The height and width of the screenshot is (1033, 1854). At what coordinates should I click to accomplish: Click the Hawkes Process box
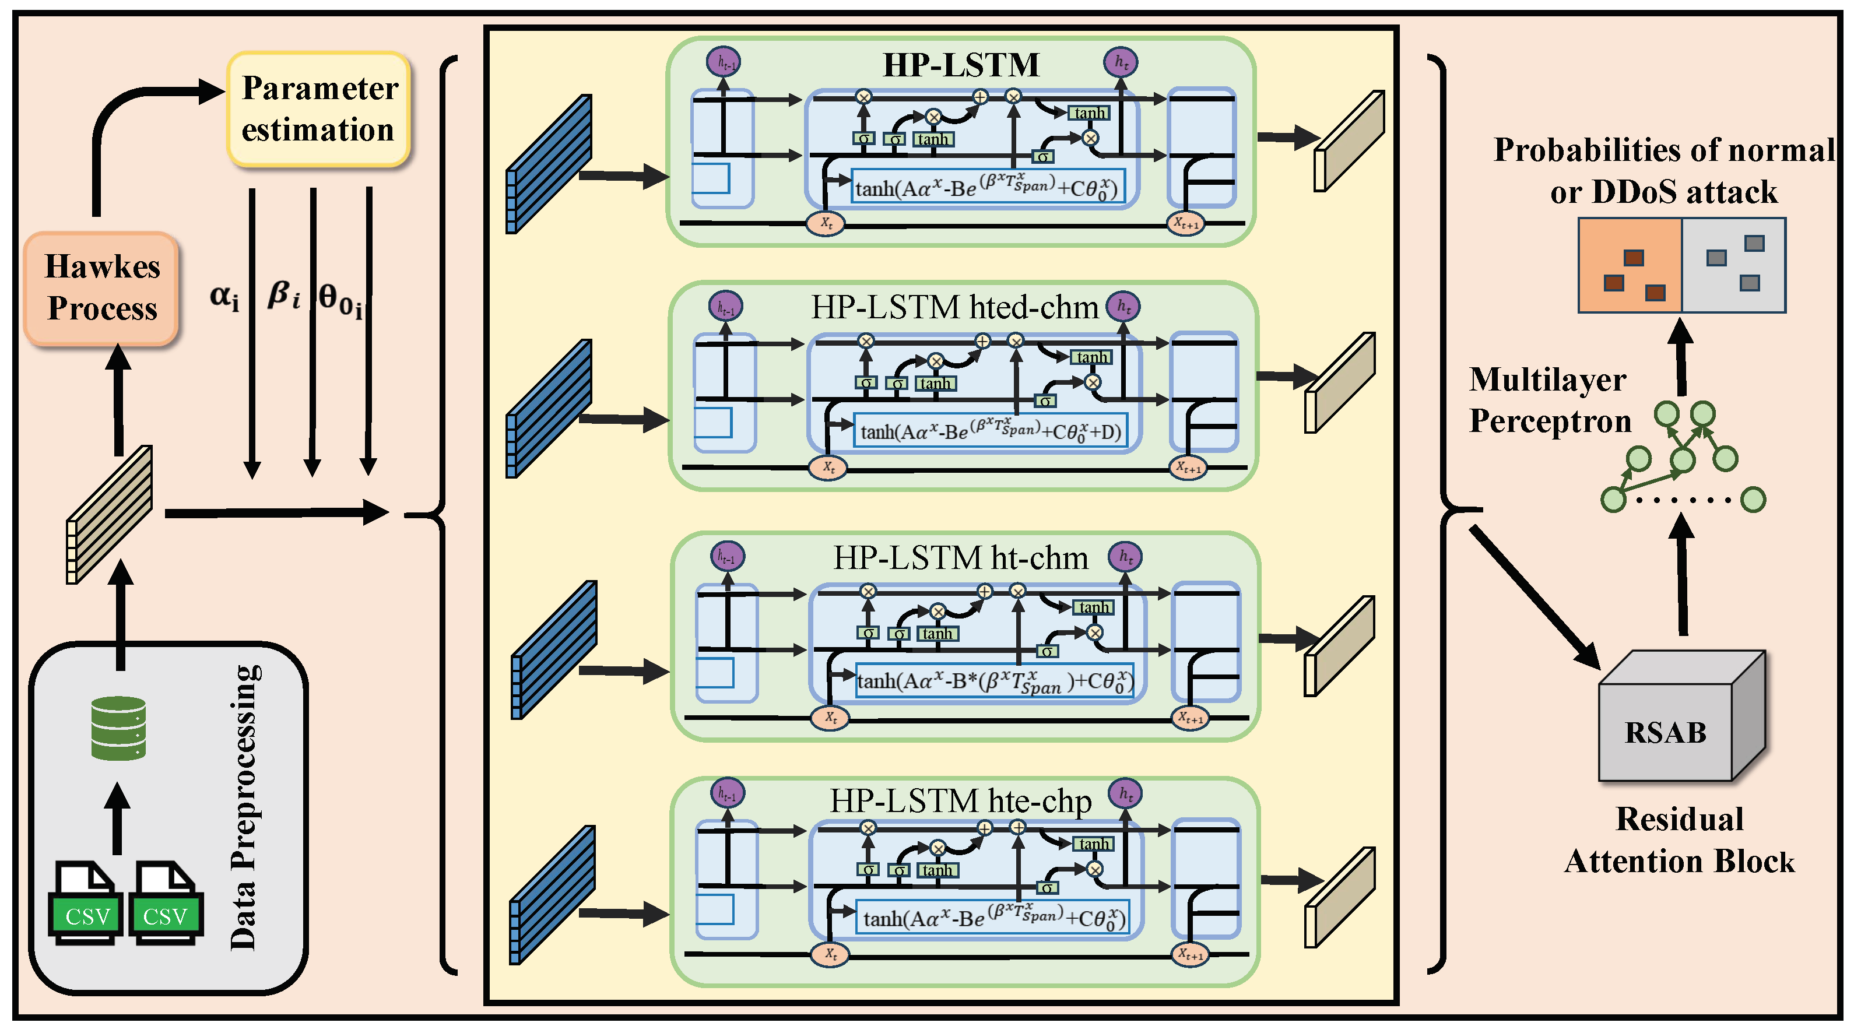[101, 288]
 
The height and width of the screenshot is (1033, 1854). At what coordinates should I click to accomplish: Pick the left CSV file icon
[85, 904]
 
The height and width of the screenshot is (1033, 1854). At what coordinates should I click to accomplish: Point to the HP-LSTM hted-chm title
[954, 307]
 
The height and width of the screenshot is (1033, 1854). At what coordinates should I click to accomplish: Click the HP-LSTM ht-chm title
[960, 558]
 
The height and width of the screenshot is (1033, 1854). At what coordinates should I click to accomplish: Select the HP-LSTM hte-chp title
[960, 800]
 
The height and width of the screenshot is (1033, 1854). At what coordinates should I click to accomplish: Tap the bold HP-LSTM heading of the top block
[961, 65]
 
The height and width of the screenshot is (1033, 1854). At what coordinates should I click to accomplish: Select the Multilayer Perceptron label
[1549, 400]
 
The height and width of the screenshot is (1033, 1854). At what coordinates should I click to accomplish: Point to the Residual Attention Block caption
[1679, 840]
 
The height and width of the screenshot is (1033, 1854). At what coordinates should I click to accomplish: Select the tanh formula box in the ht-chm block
[995, 681]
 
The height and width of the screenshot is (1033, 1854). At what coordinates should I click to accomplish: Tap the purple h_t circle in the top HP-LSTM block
[1121, 62]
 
